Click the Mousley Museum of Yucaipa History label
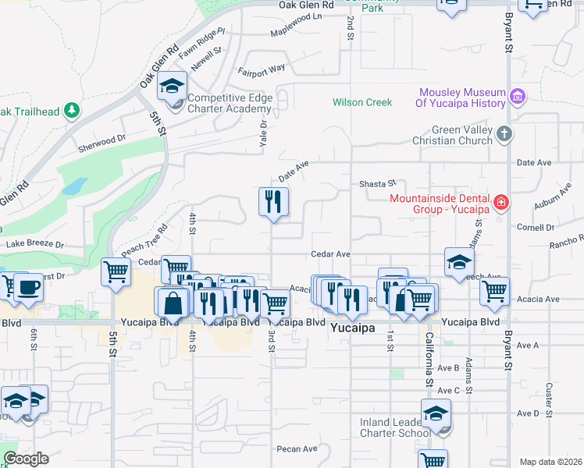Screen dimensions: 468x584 point(460,97)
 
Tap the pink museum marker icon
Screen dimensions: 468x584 point(516,97)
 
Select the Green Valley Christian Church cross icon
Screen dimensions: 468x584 point(504,133)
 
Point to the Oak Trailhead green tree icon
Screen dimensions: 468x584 point(72,111)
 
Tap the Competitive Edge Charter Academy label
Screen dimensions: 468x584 point(229,103)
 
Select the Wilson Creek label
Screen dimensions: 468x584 point(361,102)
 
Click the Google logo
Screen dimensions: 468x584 point(26,459)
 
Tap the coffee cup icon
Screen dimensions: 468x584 point(29,286)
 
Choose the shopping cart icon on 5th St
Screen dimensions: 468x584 point(116,271)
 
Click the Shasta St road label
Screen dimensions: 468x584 point(378,183)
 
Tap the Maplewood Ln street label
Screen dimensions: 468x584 point(296,34)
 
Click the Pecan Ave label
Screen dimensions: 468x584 point(297,448)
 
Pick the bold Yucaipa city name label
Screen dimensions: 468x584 point(354,328)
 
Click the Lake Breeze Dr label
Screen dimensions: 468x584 point(34,244)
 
